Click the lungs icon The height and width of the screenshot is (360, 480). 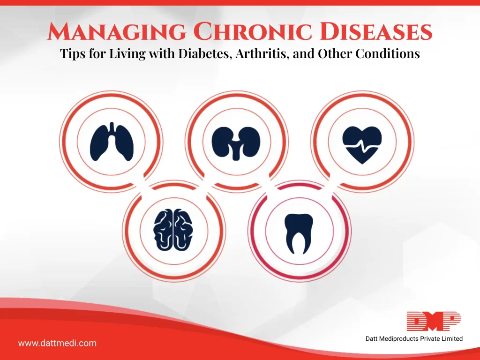[112, 142]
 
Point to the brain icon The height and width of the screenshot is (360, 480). [173, 230]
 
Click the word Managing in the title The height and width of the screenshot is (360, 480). [117, 31]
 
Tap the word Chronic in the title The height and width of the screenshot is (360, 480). [253, 31]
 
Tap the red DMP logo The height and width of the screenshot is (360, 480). [434, 321]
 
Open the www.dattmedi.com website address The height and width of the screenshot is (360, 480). [57, 343]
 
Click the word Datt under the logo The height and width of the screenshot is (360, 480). [372, 338]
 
